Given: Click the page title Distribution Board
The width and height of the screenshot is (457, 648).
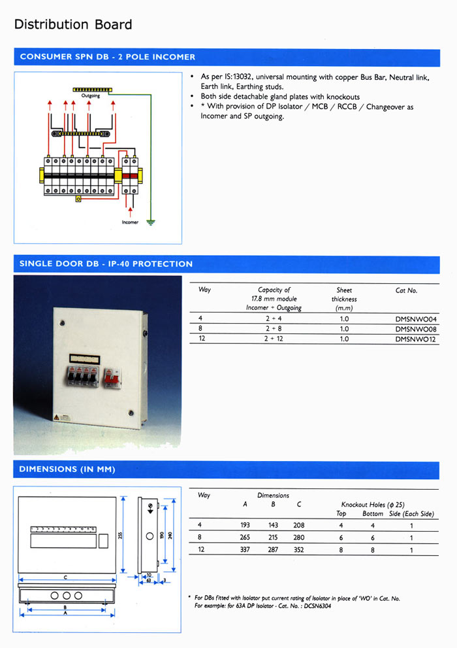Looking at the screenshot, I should [73, 25].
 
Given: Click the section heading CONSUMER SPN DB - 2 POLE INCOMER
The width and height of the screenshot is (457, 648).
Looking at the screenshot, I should [108, 57].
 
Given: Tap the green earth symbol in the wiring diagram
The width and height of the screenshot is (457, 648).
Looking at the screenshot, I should [151, 222].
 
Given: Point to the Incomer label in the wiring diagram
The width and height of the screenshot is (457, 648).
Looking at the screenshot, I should [130, 222].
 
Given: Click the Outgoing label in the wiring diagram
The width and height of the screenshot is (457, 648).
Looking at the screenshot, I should [90, 96].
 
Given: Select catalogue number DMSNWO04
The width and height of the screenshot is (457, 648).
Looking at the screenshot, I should [415, 319].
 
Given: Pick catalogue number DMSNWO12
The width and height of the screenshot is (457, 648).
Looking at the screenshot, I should [415, 339].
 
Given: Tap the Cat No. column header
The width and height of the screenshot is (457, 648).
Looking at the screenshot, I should [406, 290].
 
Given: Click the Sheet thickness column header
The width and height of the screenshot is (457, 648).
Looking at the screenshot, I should [343, 299].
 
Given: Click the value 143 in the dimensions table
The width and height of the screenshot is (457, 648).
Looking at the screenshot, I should [273, 526].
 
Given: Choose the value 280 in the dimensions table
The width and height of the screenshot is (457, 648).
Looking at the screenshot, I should [298, 538].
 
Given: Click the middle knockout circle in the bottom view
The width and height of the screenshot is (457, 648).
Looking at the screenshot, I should [66, 596].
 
